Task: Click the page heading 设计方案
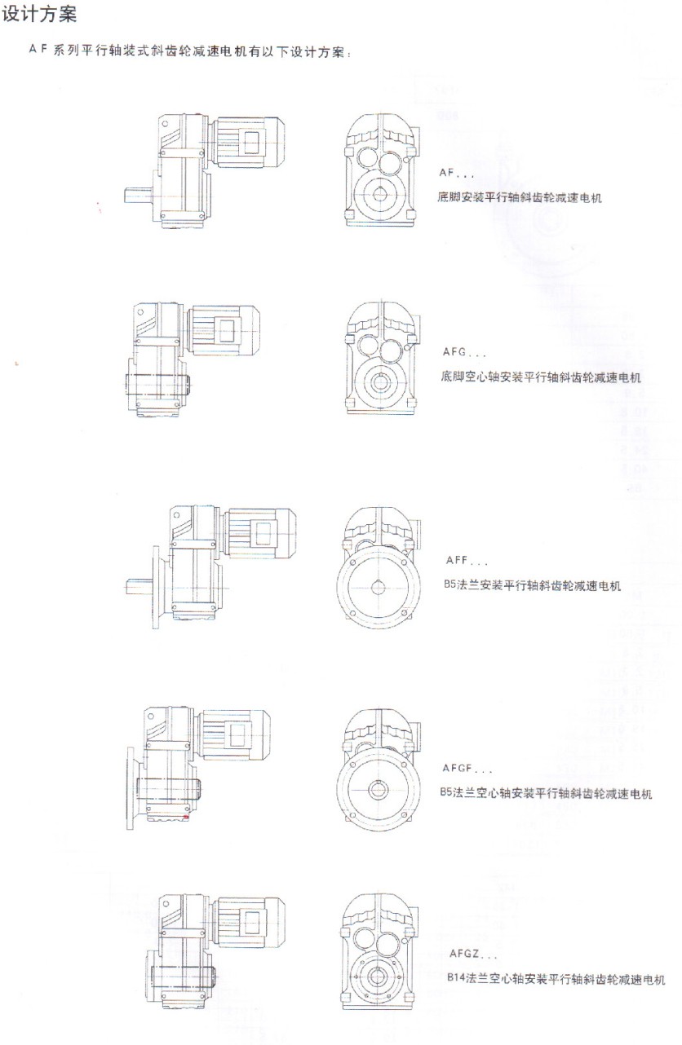point(39,14)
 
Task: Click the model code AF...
point(445,173)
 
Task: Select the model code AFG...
point(454,352)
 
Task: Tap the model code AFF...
point(457,560)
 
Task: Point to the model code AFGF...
point(458,768)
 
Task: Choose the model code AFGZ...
point(464,954)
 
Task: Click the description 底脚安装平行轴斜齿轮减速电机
point(520,197)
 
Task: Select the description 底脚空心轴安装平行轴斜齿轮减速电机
point(541,377)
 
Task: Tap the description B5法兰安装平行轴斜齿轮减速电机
point(532,585)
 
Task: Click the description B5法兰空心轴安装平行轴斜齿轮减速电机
point(546,793)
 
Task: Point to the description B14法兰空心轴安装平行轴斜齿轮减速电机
point(556,978)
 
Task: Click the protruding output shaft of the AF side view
point(138,195)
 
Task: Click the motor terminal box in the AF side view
point(252,142)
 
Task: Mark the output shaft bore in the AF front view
point(380,195)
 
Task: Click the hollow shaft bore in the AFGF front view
point(378,790)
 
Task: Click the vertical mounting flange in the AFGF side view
point(131,788)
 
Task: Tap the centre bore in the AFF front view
point(378,588)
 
